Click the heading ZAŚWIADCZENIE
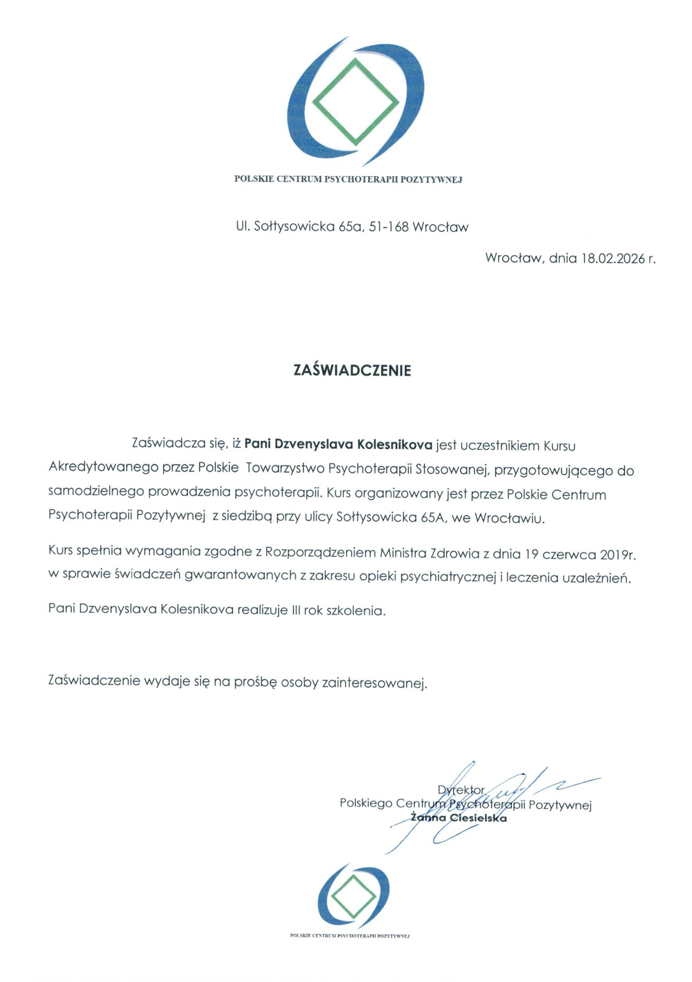[351, 370]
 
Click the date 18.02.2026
[613, 259]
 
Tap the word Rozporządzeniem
[320, 554]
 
